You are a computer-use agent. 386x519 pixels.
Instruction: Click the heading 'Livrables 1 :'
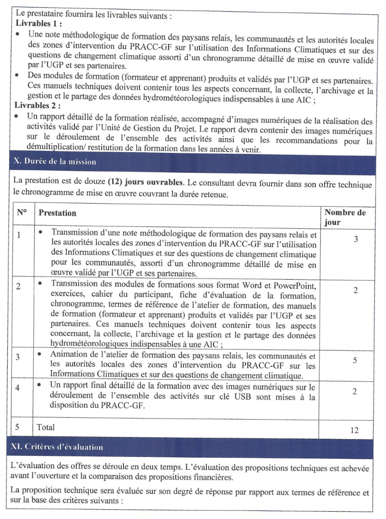click(x=38, y=24)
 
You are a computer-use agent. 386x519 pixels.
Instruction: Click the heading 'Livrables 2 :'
click(x=38, y=105)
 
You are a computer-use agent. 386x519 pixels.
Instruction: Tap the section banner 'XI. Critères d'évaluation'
click(x=57, y=447)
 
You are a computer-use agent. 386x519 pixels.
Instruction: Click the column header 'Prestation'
click(x=57, y=213)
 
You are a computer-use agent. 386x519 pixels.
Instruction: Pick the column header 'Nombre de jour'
click(x=344, y=217)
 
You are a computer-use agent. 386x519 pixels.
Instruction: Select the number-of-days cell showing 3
click(x=356, y=239)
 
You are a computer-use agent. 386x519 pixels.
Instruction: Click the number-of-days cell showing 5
click(x=355, y=360)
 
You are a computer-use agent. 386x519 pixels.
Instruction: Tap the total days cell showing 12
click(x=354, y=430)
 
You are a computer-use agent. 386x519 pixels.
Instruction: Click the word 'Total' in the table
click(x=46, y=427)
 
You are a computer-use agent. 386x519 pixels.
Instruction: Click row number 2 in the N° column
click(x=18, y=287)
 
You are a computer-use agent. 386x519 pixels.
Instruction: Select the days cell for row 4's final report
click(x=354, y=392)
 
